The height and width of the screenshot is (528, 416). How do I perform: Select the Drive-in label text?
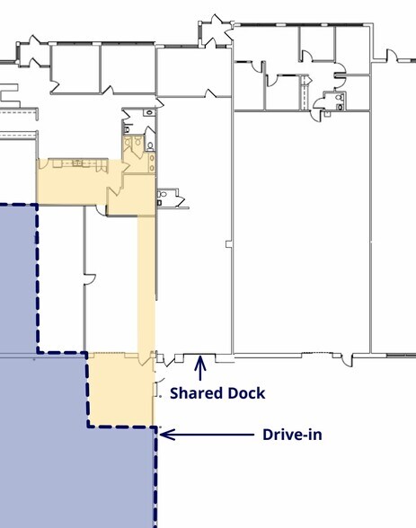[292, 435]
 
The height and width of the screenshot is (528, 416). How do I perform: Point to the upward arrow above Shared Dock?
[200, 368]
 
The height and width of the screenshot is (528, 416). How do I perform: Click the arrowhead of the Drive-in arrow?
[165, 435]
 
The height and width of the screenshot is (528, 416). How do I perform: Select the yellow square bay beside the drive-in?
[120, 390]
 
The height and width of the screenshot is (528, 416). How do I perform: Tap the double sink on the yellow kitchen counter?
[78, 163]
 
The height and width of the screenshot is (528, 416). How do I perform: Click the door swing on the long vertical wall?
[90, 279]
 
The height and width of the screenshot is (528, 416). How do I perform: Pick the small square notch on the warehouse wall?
[229, 244]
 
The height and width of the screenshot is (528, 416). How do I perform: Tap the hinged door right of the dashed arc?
[347, 360]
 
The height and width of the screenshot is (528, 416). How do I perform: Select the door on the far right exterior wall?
[392, 55]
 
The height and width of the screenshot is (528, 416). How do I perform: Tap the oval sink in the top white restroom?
[149, 112]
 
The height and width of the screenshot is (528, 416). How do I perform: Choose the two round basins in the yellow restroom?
[152, 163]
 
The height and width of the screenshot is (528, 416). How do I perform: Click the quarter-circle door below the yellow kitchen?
[101, 209]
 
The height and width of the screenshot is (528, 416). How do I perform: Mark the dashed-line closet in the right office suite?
[305, 92]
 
